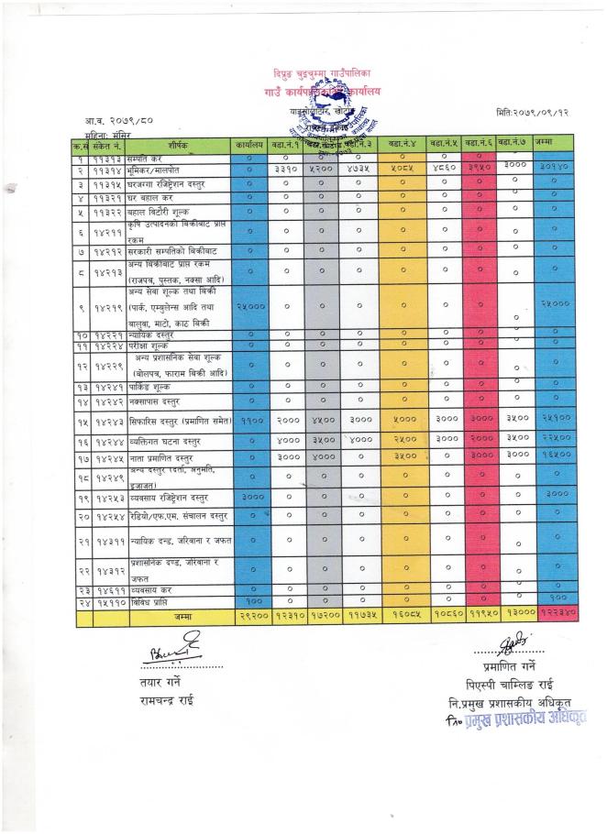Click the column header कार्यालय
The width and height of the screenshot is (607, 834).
(x=250, y=145)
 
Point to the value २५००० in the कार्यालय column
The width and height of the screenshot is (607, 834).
(x=250, y=306)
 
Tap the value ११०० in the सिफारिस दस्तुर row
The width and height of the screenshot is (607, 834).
(x=250, y=421)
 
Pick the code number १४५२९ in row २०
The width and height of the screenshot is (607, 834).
(x=107, y=515)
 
